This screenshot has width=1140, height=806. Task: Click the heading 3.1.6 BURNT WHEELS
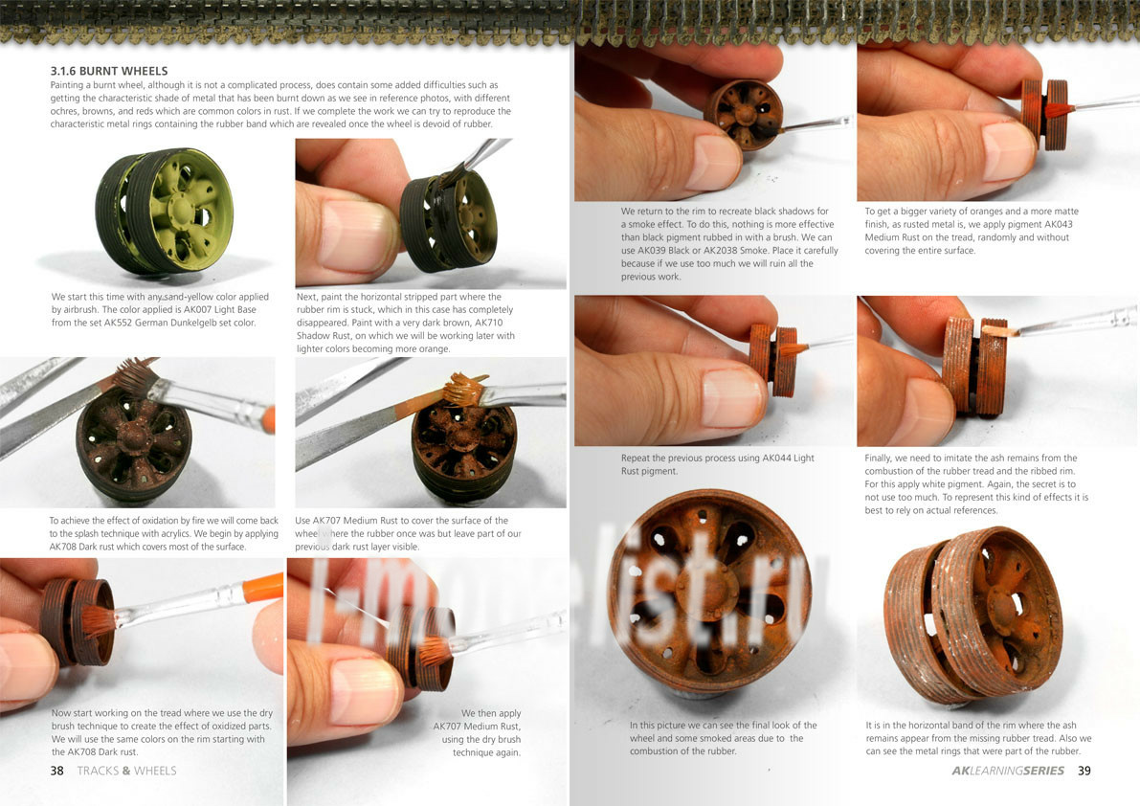click(109, 71)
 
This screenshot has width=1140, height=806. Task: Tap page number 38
click(56, 771)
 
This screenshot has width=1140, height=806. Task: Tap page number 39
click(1084, 771)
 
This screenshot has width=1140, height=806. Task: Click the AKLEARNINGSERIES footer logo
click(1008, 771)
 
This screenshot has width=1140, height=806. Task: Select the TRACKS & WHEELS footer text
click(126, 771)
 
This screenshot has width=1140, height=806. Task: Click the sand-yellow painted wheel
click(165, 211)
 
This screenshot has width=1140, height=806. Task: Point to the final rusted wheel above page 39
click(972, 615)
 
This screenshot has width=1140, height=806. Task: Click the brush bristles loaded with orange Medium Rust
click(465, 391)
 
